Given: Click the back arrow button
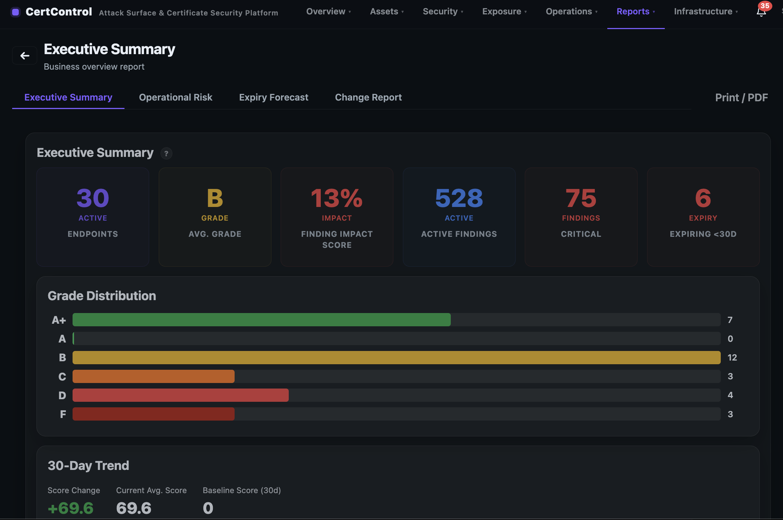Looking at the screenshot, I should tap(25, 56).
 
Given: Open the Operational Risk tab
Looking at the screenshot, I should tap(175, 97).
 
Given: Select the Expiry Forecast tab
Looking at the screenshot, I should tap(273, 97).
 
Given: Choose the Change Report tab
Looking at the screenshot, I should tap(368, 97).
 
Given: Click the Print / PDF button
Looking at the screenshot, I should tap(741, 98).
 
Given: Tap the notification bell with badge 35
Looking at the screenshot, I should tap(761, 11).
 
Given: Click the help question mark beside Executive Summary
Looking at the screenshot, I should tap(166, 153).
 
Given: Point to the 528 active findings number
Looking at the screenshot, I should tap(459, 198).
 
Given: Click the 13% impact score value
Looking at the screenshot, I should tap(336, 198).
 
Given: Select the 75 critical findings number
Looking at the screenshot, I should tap(580, 198).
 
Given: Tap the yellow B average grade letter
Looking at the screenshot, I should tap(215, 198).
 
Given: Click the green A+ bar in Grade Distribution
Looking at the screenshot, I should tap(261, 320).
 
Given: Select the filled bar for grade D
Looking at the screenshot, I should tap(180, 395).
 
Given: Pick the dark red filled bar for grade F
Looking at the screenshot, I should tap(153, 414).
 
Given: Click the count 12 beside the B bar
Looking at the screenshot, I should tap(732, 358).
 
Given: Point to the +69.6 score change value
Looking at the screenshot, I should tap(70, 508).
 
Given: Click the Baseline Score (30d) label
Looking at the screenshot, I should tap(242, 490).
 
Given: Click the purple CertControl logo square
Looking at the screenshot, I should tap(15, 12).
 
